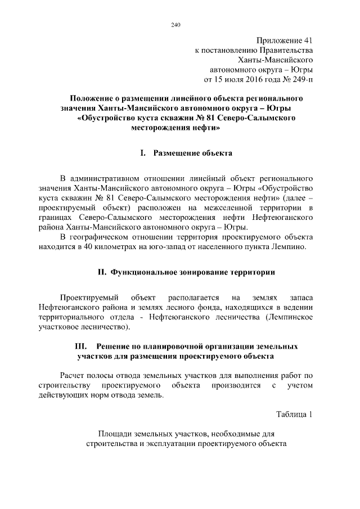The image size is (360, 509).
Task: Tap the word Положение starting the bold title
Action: click(101, 97)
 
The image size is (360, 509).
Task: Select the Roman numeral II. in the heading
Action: click(102, 272)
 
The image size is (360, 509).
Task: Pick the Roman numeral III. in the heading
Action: click(83, 346)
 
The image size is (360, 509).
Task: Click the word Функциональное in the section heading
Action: click(146, 272)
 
